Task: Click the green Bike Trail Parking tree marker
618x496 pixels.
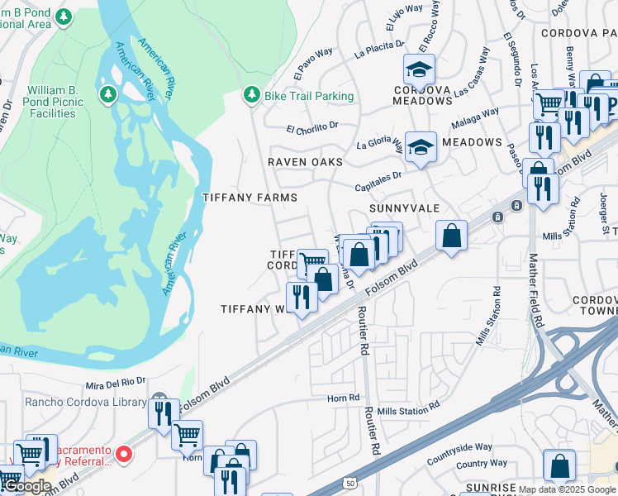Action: [251, 96]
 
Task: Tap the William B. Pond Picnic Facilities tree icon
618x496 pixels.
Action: [107, 95]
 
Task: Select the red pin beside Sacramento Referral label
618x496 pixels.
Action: [124, 453]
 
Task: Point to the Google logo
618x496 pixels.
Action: [26, 486]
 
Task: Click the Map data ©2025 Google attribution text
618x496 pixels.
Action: [568, 489]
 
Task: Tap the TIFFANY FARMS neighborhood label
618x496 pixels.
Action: [249, 198]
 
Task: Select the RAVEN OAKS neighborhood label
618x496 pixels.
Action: [304, 162]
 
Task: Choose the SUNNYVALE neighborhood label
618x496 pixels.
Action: [404, 208]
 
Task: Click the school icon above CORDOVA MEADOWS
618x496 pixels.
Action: [419, 69]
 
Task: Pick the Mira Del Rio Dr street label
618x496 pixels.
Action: [115, 385]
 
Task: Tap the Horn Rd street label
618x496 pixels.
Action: [343, 398]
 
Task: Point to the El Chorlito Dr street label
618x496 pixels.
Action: [312, 127]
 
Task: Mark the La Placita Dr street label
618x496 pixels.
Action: [378, 50]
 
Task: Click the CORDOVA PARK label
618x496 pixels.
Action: [578, 33]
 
